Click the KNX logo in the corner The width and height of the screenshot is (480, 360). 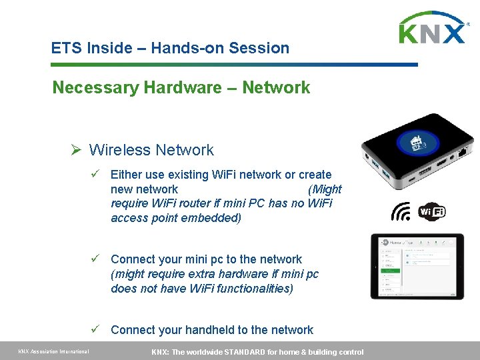[x=433, y=28]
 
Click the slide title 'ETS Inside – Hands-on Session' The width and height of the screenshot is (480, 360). [x=170, y=48]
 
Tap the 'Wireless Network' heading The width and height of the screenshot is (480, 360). [x=151, y=150]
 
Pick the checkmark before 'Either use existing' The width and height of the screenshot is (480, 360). [x=96, y=175]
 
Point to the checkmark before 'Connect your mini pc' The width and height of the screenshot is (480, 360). [x=96, y=259]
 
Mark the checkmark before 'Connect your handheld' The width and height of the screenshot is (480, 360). [x=96, y=330]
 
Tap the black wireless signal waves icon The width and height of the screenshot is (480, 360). [x=401, y=212]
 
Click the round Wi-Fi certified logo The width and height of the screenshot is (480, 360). [x=431, y=212]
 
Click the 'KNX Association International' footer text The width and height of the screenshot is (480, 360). [x=53, y=352]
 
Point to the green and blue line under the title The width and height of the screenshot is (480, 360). [x=233, y=65]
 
